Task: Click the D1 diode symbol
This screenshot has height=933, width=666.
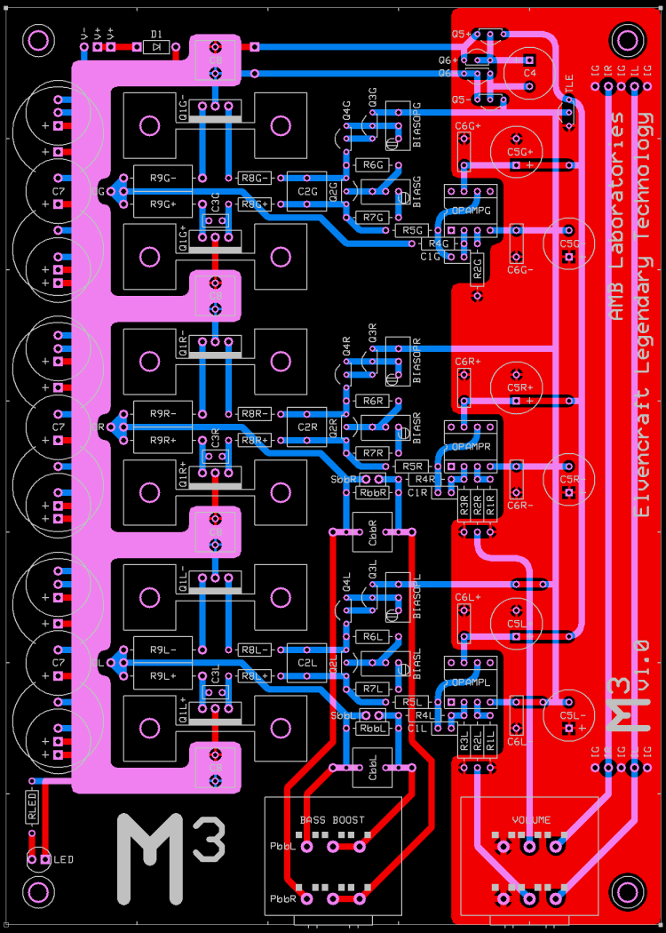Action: tap(156, 46)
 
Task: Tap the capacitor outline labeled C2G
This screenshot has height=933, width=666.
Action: tap(308, 191)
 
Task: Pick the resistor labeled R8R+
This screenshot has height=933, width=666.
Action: tap(255, 440)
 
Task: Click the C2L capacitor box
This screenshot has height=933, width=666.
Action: tap(308, 662)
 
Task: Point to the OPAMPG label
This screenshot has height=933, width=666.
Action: tap(471, 211)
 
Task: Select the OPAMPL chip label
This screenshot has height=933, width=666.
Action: tap(471, 682)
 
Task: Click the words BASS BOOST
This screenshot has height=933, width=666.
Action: tap(332, 819)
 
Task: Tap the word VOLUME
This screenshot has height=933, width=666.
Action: tap(531, 819)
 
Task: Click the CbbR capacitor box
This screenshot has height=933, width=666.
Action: tap(373, 537)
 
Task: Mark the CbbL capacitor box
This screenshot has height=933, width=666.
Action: tap(373, 771)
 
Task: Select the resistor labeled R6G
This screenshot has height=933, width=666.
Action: tap(373, 165)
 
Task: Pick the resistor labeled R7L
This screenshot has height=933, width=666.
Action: tap(373, 689)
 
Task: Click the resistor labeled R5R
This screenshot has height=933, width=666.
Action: tap(412, 466)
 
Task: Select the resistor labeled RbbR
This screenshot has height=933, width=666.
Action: tap(373, 492)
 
